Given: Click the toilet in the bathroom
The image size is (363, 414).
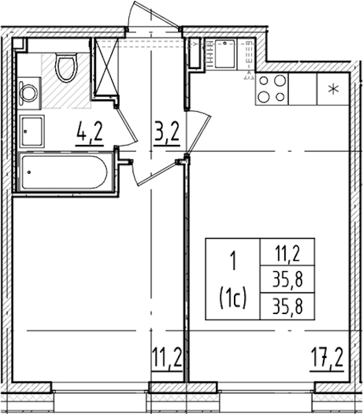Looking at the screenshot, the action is pos(66,68).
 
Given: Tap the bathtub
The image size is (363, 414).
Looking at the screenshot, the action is pos(64,172).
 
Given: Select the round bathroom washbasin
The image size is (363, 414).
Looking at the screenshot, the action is pos(29,92).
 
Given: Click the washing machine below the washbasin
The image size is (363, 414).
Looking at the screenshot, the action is pos(32,131).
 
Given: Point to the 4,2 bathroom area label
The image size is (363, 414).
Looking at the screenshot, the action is pos(89,131).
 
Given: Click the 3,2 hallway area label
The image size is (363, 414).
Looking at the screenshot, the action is pos(167,131).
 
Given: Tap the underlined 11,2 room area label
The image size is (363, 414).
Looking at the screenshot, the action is pos(167,357).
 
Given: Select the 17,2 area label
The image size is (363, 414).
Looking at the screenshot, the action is pos(327,357).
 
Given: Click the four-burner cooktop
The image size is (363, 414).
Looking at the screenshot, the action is pos(272,89).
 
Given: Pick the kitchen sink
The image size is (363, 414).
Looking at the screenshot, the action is pos(225,54).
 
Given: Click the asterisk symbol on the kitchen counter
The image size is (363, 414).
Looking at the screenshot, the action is pos(333,89).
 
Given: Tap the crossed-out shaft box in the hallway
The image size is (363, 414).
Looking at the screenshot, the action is pos(106,67).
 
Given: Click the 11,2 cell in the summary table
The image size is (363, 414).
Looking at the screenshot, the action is pos(288,253).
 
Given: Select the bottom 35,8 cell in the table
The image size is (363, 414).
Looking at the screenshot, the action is pos(288,306).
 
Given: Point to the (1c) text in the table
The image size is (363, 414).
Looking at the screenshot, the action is pos(233,298).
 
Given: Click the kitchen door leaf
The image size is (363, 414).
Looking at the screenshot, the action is pos(199,134).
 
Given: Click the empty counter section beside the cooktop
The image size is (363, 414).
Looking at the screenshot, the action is pos(302,89).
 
